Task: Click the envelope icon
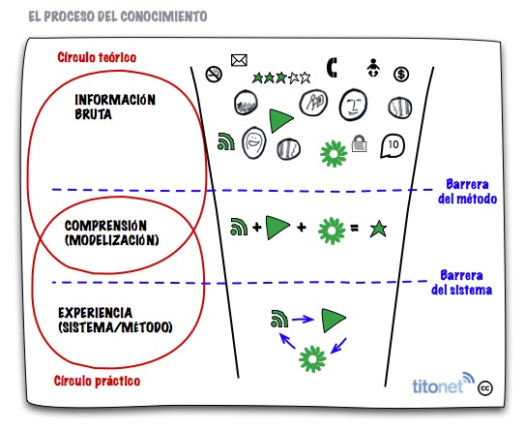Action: (x=239, y=60)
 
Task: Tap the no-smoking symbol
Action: (x=214, y=75)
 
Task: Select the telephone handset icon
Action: (x=332, y=68)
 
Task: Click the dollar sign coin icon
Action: (x=401, y=75)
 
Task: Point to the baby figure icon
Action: (x=373, y=68)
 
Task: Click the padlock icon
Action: (x=360, y=143)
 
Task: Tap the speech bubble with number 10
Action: (x=393, y=145)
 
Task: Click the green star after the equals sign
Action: (x=378, y=230)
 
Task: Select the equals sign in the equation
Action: (x=354, y=229)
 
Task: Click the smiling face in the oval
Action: (x=253, y=142)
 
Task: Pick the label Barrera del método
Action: (x=467, y=192)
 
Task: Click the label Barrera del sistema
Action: (x=461, y=283)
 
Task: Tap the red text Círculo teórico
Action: (x=97, y=57)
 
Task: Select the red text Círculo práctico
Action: (x=97, y=381)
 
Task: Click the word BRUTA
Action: (x=93, y=114)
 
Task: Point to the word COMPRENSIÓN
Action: (x=105, y=226)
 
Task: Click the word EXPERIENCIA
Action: (x=96, y=313)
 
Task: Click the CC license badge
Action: (x=484, y=388)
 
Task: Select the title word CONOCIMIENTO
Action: (x=163, y=16)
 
